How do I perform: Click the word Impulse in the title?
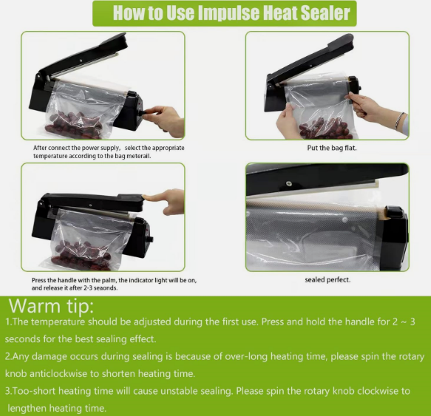228,13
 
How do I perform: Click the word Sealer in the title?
325,13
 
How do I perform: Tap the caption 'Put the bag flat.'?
332,148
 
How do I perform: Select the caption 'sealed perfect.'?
328,280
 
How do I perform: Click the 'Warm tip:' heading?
52,306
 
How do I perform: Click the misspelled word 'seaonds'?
105,288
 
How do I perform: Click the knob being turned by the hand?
142,112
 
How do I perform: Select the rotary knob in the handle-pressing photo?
150,239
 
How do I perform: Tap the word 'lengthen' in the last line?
27,409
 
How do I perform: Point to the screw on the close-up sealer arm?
288,183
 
